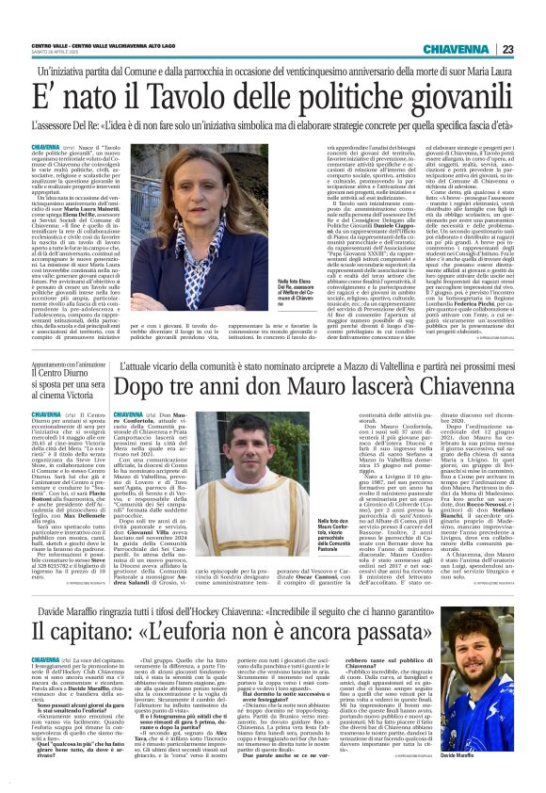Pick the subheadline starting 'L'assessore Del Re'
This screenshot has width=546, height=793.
pyautogui.click(x=272, y=122)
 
